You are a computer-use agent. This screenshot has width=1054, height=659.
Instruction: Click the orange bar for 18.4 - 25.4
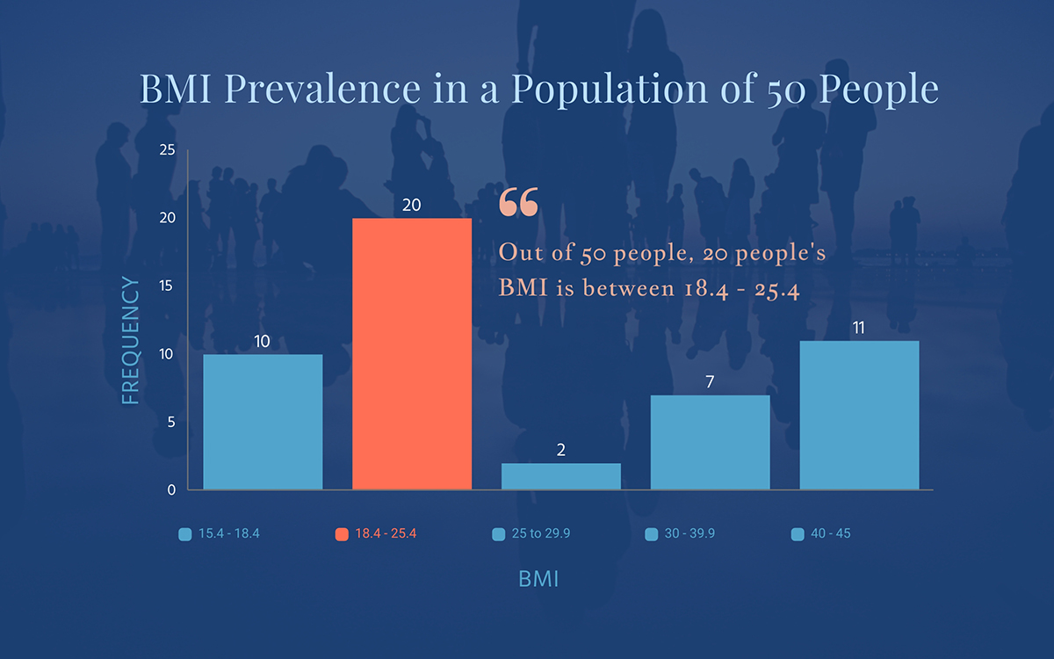[x=412, y=353]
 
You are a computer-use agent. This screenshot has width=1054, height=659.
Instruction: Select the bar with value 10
[x=263, y=422]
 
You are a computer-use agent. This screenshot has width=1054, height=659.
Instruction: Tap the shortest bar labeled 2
[x=561, y=476]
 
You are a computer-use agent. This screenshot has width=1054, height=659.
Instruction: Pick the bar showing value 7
[x=710, y=442]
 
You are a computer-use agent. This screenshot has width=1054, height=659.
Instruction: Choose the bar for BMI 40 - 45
[x=859, y=415]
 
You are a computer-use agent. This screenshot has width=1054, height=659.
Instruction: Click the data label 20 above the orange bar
[x=412, y=205]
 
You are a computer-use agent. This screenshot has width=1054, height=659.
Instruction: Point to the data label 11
[x=859, y=328]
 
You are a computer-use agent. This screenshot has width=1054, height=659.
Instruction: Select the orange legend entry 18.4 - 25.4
[x=376, y=534]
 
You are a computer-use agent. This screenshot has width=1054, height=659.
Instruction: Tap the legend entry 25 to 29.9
[x=535, y=534]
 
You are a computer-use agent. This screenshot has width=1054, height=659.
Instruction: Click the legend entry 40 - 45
[x=821, y=534]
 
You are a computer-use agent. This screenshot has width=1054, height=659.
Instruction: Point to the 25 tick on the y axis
[x=168, y=150]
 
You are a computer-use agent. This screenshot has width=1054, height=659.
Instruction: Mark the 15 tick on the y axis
[x=168, y=286]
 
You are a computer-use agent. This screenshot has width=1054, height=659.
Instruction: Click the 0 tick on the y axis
[x=171, y=489]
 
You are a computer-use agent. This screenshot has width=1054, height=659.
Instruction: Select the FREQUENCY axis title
[x=131, y=340]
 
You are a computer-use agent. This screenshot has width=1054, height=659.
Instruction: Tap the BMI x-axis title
[x=538, y=580]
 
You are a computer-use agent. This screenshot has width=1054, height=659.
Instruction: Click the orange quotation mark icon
[x=518, y=202]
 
